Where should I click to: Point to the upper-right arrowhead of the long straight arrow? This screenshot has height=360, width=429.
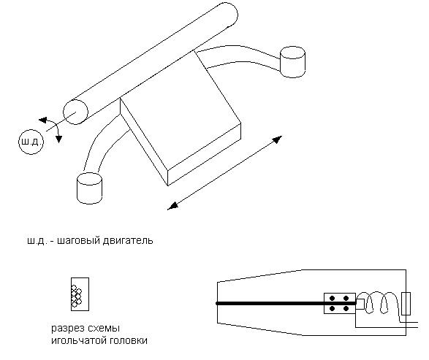(278, 139)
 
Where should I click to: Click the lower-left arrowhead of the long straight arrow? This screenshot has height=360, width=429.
(172, 206)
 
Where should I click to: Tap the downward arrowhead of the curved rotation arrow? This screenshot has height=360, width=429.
(58, 139)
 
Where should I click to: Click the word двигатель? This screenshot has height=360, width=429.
(128, 241)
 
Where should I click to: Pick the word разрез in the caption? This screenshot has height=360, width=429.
(66, 329)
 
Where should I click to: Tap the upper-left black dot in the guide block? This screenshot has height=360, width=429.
(332, 298)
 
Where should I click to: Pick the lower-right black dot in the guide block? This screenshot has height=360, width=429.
(346, 309)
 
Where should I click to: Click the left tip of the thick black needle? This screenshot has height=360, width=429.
(217, 303)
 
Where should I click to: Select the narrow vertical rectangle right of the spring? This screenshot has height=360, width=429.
(406, 304)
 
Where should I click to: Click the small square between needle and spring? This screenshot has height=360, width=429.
(360, 304)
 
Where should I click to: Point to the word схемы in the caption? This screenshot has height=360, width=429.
(102, 329)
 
